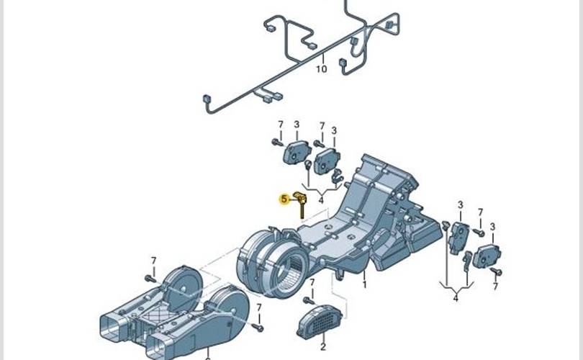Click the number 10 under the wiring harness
322,69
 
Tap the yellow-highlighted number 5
284,199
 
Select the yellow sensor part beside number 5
300,204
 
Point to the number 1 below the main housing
365,285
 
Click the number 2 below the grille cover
322,347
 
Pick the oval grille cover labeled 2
319,322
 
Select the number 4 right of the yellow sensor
321,200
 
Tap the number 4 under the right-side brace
456,298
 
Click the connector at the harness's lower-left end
206,99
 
